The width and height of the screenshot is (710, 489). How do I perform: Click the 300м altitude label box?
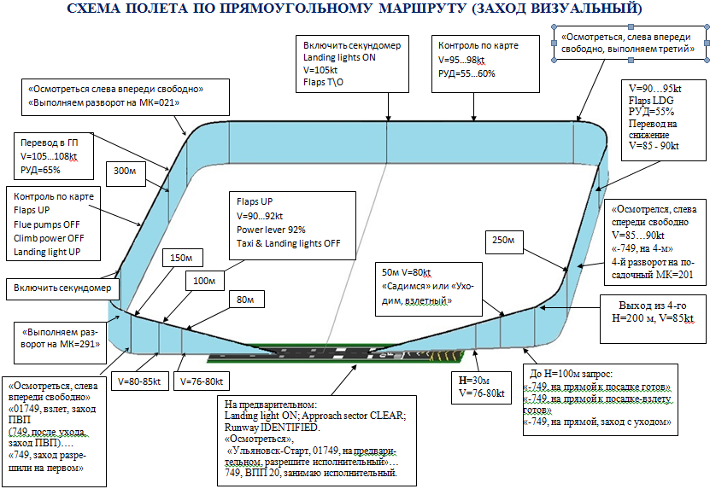click(125, 172)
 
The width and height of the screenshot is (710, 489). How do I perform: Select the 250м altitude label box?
click(505, 241)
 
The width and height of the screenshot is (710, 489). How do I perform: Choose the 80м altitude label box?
click(246, 300)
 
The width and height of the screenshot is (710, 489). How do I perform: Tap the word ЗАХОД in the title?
click(491, 10)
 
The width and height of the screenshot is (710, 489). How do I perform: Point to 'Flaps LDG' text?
click(650, 99)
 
